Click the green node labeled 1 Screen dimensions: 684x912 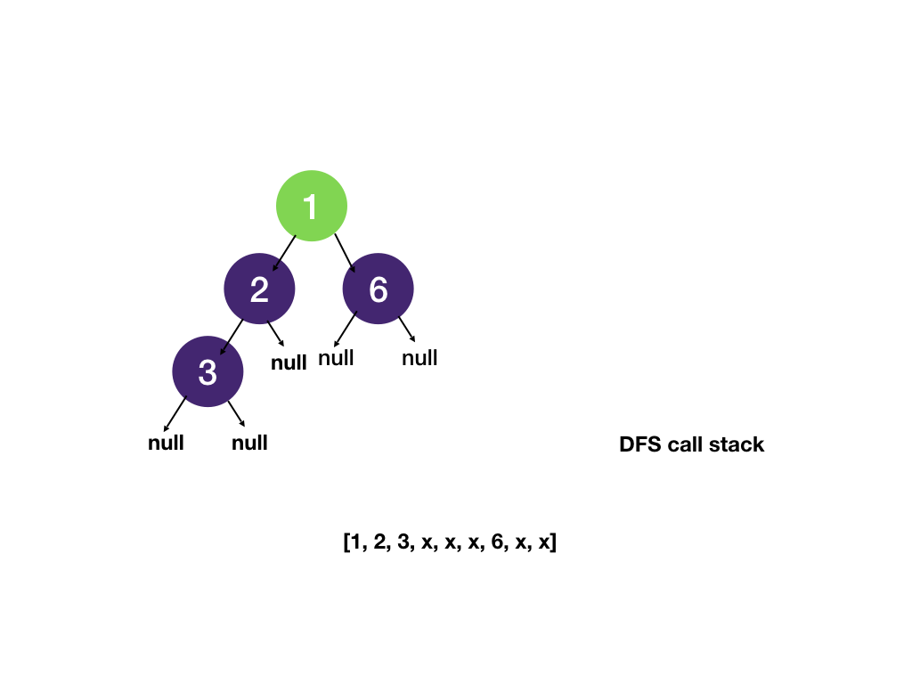pos(311,206)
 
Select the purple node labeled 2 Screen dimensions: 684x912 pos(259,289)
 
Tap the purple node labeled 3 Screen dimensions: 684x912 pos(208,371)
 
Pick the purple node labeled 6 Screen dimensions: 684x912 pos(379,289)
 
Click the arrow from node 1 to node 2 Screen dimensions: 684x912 pos(284,253)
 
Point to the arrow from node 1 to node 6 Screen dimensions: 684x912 pos(346,253)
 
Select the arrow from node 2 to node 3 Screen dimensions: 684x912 pos(230,336)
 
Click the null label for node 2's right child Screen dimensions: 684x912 pos(289,362)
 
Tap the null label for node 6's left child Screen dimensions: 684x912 pos(336,358)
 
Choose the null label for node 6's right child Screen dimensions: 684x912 pos(419,358)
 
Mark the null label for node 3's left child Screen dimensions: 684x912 pos(166,443)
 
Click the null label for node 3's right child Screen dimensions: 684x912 pos(249,443)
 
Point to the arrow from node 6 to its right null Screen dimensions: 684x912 pos(406,329)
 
